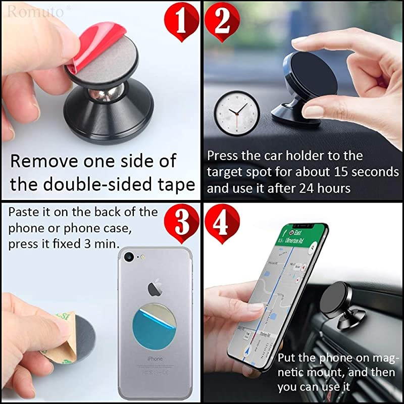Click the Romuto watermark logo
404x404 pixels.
pos(32,10)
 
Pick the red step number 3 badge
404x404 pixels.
pos(182,223)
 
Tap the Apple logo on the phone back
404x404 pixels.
pos(155,288)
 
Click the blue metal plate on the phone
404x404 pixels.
pos(154,327)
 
